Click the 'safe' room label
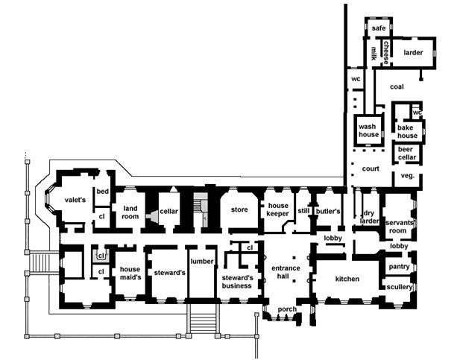[x=377, y=28]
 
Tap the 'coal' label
[x=396, y=87]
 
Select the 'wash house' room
[x=368, y=130]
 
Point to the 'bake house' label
[x=407, y=131]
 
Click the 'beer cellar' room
[x=409, y=154]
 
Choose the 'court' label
[x=371, y=168]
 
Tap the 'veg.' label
[x=407, y=176]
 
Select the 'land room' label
[x=131, y=212]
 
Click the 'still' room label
[x=303, y=211]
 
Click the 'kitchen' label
[x=347, y=279]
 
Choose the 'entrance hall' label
[x=286, y=273]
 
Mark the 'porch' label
[x=287, y=309]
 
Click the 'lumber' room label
[x=202, y=261]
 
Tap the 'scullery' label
[x=400, y=286]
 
